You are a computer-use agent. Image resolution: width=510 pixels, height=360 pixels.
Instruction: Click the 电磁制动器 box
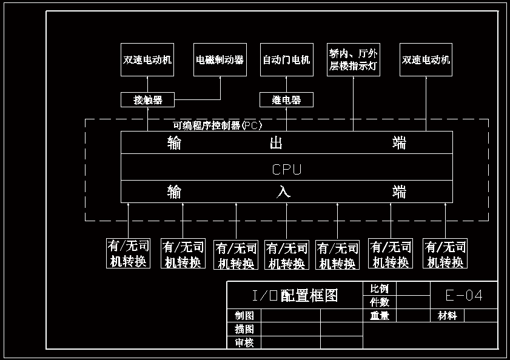pos(220,59)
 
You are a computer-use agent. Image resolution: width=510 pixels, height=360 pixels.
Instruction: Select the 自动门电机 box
pos(286,59)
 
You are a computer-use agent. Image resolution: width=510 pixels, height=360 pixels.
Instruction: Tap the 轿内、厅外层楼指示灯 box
pos(353,59)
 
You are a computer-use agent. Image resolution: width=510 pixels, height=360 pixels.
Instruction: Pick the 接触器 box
pos(148,99)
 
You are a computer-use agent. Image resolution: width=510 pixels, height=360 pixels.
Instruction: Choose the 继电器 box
pos(286,99)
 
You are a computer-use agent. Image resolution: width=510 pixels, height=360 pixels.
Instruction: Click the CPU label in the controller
pos(286,170)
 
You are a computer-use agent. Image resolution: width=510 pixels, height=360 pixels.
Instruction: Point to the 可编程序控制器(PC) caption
pos(218,126)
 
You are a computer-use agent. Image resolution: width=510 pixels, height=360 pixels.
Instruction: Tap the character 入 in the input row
pos(283,192)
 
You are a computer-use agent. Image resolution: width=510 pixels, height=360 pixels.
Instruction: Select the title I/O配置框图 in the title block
pos(295,295)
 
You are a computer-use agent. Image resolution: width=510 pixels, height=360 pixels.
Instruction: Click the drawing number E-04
pos(464,295)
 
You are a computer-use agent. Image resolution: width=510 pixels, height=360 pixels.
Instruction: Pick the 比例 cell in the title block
pos(380,288)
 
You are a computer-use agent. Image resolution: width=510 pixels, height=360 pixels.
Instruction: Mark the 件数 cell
pos(380,302)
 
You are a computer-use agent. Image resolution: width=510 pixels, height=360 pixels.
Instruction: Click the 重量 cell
pos(380,316)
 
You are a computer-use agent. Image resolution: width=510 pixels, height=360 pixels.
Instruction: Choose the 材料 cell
pos(447,316)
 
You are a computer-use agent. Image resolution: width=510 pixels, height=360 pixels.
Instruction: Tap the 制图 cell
pos(244,316)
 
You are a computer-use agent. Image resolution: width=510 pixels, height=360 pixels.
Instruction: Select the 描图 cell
pos(244,329)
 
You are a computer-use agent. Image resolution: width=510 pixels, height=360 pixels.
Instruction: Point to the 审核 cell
pos(244,343)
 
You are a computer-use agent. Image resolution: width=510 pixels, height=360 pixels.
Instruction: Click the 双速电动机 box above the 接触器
pos(147,59)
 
